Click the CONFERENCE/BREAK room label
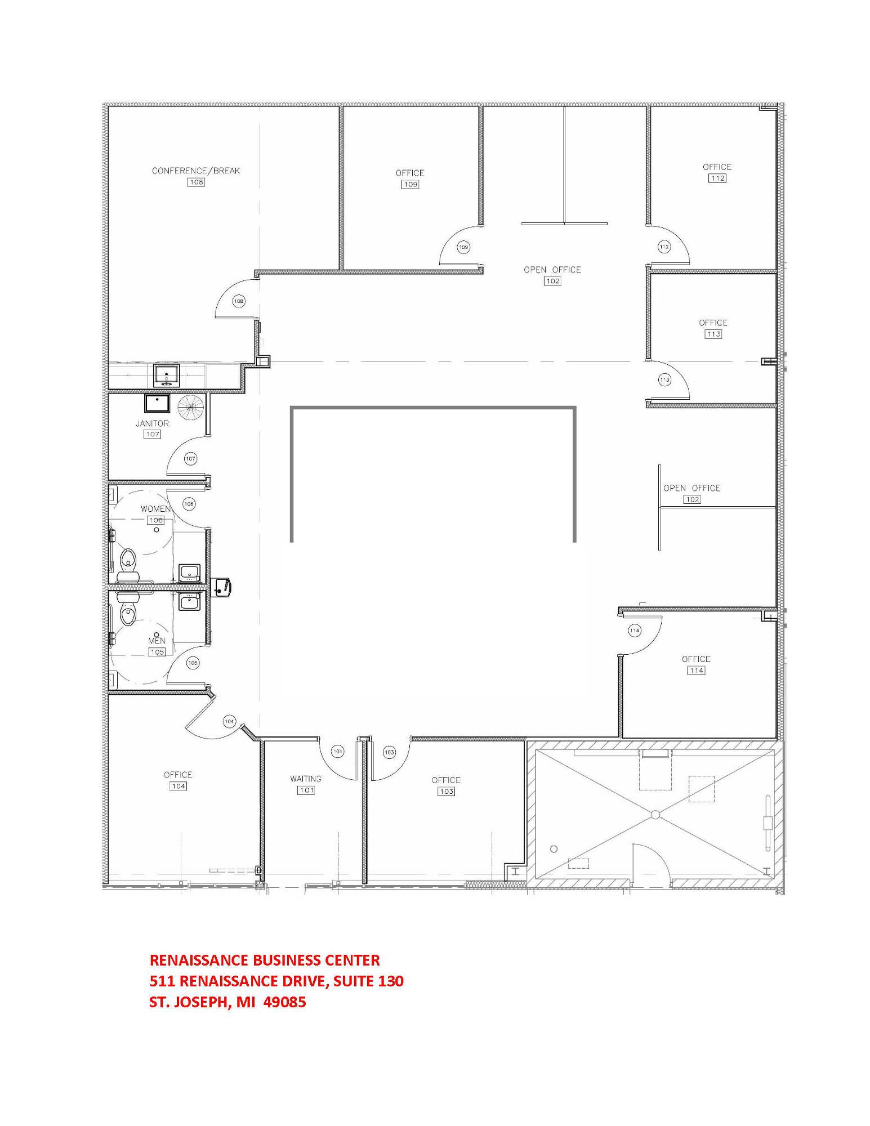[196, 171]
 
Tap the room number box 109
[410, 185]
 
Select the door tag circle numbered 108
[239, 301]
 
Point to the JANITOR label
[152, 423]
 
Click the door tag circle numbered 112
[664, 247]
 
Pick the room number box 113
[713, 334]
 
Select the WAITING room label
[306, 779]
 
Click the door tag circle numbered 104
[229, 721]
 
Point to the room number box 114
[696, 671]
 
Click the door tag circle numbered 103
[389, 752]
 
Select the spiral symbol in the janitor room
[190, 407]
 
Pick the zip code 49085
[289, 1002]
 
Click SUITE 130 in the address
[368, 981]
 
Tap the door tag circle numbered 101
[338, 751]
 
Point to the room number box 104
[178, 787]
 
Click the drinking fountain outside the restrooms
[222, 586]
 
